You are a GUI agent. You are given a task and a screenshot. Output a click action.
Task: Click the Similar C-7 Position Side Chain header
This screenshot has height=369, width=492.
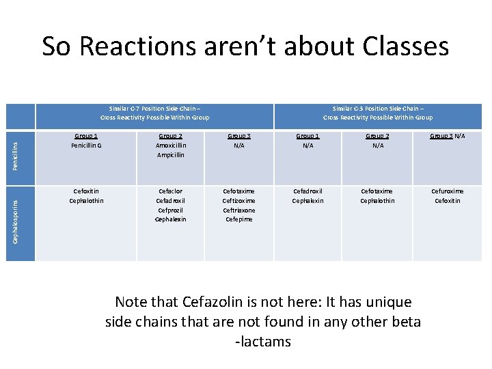click(154, 113)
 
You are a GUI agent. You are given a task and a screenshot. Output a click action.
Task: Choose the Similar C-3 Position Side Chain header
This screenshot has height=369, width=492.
click(377, 113)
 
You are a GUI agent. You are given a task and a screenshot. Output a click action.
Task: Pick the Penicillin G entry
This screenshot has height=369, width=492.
click(85, 145)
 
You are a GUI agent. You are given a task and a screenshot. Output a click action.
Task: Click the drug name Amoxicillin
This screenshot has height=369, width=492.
click(170, 145)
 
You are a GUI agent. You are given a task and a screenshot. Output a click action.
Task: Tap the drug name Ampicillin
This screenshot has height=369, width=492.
click(170, 154)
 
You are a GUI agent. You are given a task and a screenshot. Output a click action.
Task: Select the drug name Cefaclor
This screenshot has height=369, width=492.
click(170, 191)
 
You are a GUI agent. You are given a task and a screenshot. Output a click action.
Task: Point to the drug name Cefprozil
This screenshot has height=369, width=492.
click(170, 210)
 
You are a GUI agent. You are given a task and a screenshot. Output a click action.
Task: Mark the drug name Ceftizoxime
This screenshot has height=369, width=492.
click(238, 201)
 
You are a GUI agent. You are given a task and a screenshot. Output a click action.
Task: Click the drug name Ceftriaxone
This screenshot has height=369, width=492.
click(238, 210)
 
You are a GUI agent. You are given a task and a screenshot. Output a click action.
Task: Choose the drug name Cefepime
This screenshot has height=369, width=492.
click(238, 219)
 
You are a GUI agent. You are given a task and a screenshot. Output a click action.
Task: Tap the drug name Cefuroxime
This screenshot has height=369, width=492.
click(447, 191)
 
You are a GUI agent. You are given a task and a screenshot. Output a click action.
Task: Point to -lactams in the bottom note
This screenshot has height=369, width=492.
click(262, 342)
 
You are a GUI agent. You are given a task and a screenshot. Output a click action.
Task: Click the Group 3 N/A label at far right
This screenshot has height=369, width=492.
click(447, 136)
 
